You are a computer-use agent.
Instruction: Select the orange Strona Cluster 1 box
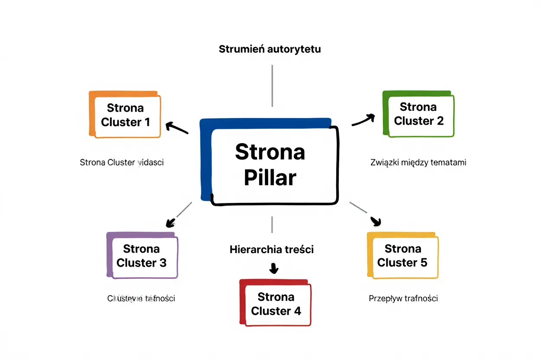[x=126, y=115]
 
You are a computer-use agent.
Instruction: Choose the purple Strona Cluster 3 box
[x=142, y=256]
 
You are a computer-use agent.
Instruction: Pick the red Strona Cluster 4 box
[x=276, y=304]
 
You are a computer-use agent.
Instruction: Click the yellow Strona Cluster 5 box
[x=403, y=256]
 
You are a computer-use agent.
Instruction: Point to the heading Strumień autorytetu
[x=270, y=49]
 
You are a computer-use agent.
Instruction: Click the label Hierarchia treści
[x=271, y=250]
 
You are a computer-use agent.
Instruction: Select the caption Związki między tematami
[x=418, y=163]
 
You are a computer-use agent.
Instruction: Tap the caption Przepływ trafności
[x=403, y=298]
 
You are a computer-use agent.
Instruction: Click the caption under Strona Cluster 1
[x=122, y=163]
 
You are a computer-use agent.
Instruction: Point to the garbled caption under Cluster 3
[x=141, y=298]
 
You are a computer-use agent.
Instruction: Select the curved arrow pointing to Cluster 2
[x=363, y=120]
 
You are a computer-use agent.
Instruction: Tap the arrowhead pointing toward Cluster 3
[x=170, y=222]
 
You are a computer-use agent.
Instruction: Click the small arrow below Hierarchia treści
[x=273, y=269]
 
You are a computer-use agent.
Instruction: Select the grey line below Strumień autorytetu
[x=272, y=85]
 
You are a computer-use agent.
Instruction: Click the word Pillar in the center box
[x=270, y=177]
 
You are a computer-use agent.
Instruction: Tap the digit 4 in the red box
[x=297, y=311]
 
